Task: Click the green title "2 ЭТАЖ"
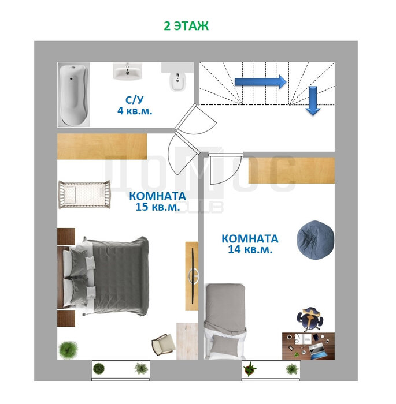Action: (186, 26)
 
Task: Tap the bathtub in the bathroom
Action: (73, 95)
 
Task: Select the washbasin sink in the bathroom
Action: (128, 71)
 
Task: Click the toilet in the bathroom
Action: (177, 81)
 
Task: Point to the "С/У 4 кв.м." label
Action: (135, 106)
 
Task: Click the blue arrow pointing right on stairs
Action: (261, 82)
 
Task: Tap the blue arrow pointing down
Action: (313, 100)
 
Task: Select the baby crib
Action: (84, 194)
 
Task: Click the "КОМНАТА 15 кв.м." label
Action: (157, 201)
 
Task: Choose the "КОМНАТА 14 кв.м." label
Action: (250, 244)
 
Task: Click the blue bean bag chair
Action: (316, 238)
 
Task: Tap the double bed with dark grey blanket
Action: (103, 276)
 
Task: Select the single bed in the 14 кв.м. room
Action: (225, 321)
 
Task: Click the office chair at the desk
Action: (310, 319)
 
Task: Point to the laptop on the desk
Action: (318, 351)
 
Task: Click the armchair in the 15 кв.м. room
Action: (164, 345)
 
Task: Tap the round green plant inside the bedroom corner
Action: (68, 349)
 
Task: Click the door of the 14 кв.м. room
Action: (225, 169)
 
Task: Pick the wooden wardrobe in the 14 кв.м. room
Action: (291, 170)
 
